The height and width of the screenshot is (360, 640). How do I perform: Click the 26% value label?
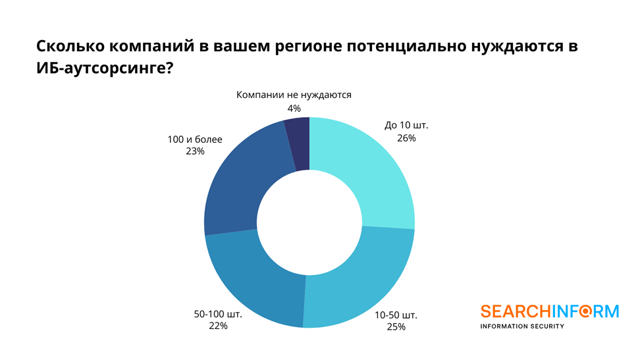point(406,138)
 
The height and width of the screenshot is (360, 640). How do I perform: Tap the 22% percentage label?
point(219,326)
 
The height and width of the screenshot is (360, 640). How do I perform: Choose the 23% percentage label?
point(196,151)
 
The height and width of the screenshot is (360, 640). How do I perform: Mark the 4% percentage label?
point(294,108)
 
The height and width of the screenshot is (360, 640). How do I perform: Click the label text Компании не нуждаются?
point(294,95)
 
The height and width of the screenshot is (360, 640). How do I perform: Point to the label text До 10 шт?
point(406,125)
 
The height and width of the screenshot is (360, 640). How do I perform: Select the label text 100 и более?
point(196,139)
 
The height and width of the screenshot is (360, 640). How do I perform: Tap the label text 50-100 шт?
point(219,314)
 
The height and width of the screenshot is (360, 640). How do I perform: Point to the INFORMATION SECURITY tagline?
point(522,326)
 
